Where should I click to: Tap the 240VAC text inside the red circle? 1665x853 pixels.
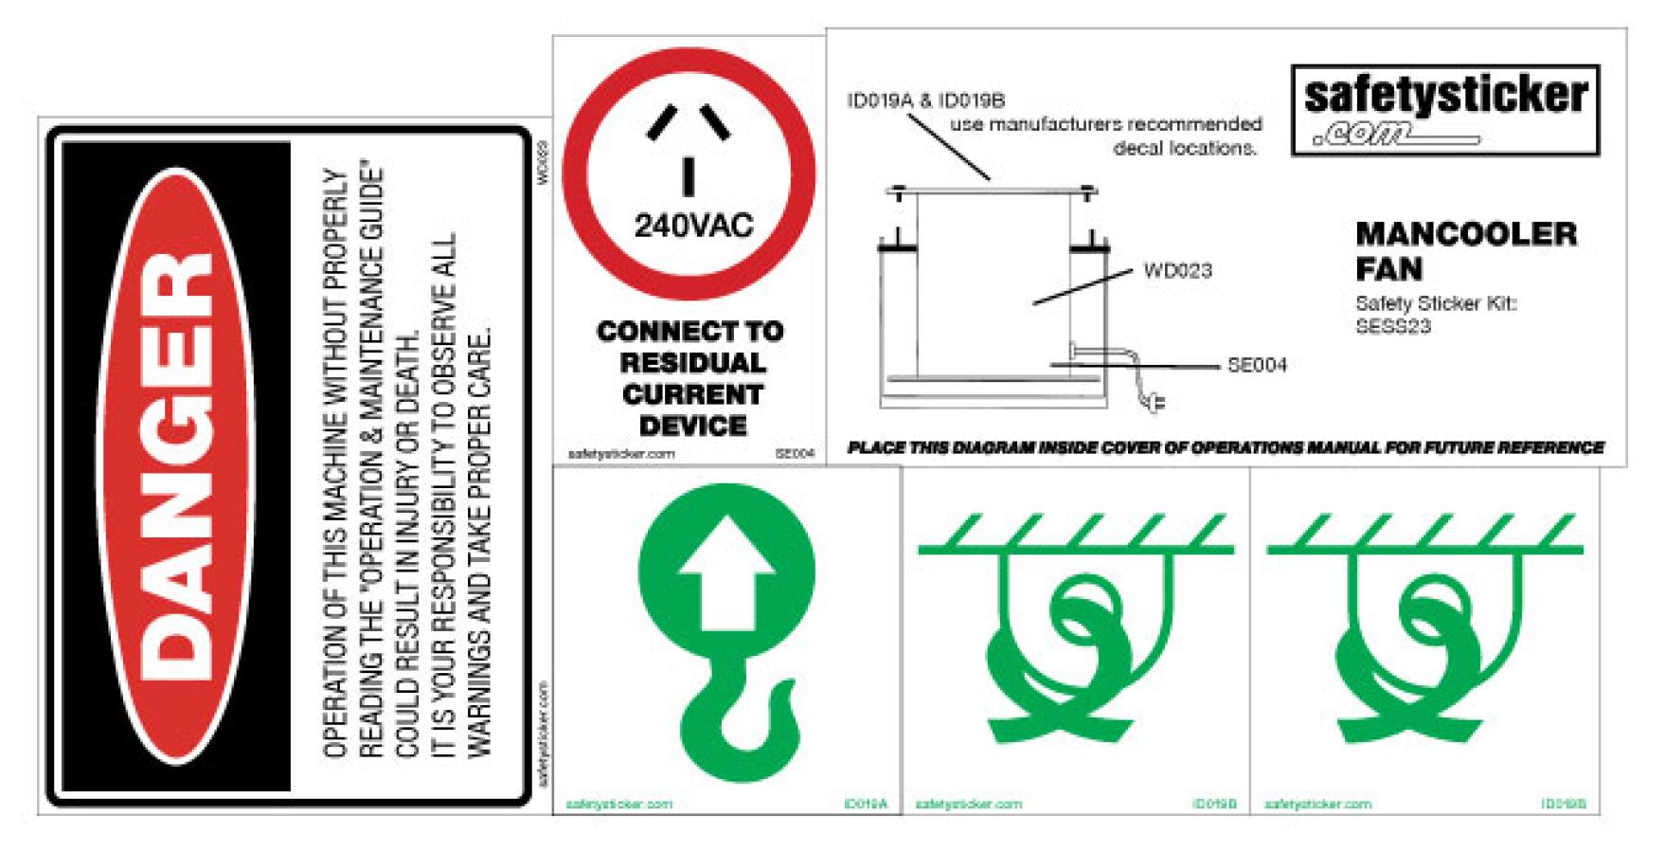[693, 227]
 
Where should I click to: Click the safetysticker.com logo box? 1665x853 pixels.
[1444, 110]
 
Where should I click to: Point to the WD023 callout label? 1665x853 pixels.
[1177, 271]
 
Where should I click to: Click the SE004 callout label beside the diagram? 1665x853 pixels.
[1257, 366]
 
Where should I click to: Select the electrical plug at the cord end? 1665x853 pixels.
[1155, 403]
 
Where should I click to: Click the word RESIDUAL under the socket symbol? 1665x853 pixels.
[692, 363]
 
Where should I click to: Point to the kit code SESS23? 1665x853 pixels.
[1392, 327]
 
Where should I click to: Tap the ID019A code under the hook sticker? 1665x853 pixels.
[866, 805]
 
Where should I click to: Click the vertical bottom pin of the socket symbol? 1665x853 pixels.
[689, 177]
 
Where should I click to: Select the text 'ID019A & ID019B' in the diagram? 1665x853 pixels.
[925, 100]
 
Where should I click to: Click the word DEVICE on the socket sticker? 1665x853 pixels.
[692, 426]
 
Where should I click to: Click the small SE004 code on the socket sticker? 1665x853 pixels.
[794, 454]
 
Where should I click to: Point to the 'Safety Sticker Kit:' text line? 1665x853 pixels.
[1436, 304]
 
